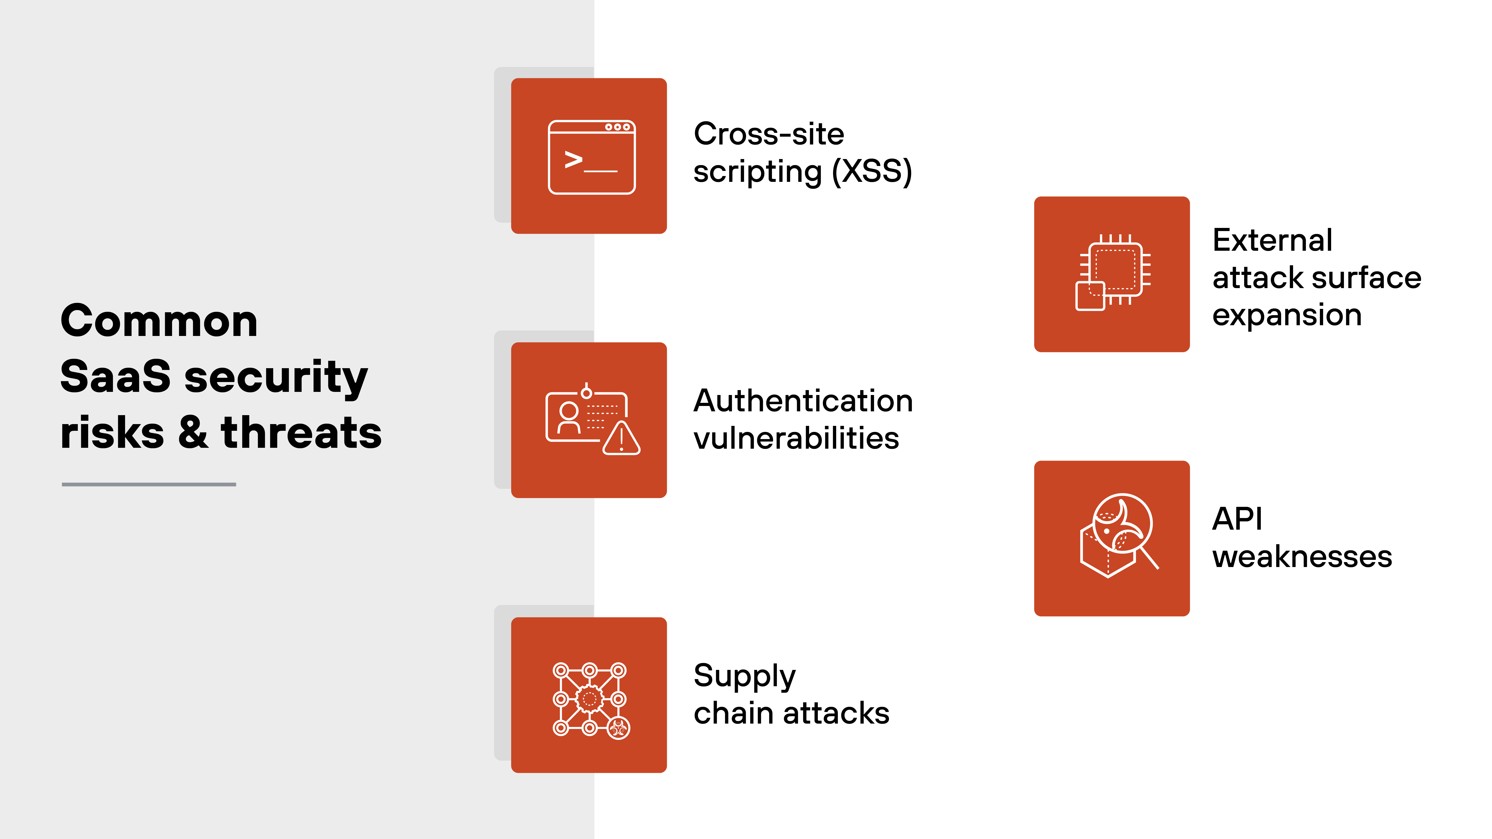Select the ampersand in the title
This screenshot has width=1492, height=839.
(193, 433)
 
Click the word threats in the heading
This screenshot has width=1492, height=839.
(301, 433)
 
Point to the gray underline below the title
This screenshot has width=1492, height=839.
(149, 484)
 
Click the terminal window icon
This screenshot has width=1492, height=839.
(591, 157)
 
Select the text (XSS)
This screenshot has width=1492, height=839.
(872, 171)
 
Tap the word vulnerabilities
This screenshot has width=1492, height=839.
(796, 438)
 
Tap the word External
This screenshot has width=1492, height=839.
(1272, 240)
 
